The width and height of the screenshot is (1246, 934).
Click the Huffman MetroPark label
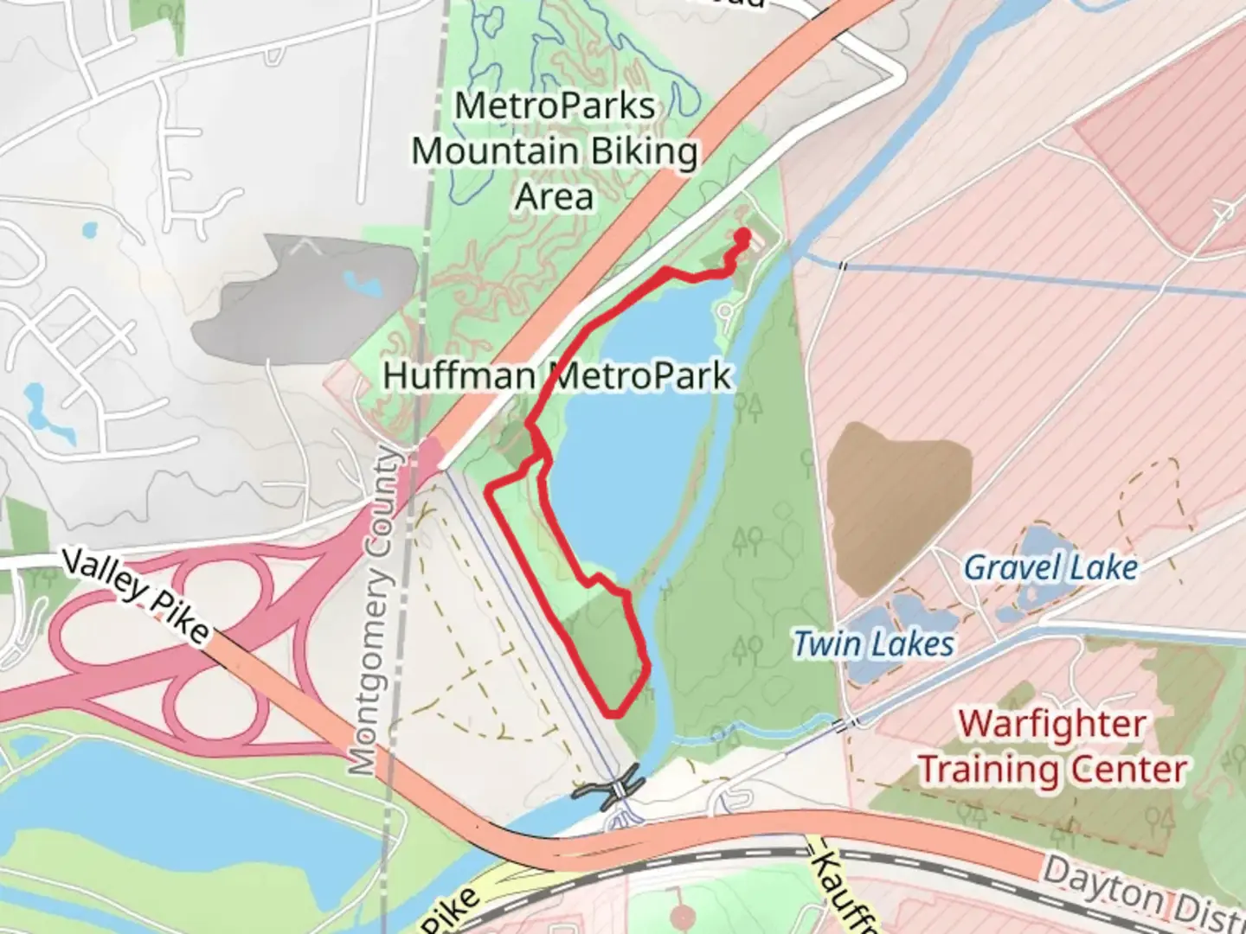(557, 377)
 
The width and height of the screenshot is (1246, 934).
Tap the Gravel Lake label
(1050, 568)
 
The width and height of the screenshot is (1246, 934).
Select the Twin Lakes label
(874, 644)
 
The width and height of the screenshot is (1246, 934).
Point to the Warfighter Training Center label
(1052, 746)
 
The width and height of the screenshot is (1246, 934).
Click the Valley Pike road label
(136, 596)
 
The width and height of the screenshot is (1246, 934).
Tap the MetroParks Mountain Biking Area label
(555, 151)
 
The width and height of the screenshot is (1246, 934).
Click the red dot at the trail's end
(742, 233)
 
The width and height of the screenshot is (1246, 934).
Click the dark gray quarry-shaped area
(294, 298)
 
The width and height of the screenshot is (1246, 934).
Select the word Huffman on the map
(459, 377)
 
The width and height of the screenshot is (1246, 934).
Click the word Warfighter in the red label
(1052, 723)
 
